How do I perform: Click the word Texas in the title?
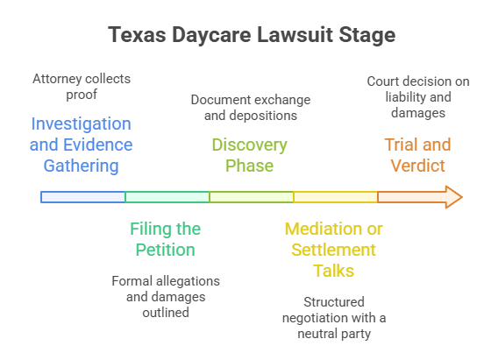pos(137,34)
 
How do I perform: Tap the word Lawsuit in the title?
pos(295,34)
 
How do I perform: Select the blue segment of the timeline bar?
pos(83,197)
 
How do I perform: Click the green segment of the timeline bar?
pos(167,197)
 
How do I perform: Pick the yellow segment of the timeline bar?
pos(336,197)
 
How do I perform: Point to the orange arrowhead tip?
pos(463,197)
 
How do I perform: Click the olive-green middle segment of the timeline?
pos(252,197)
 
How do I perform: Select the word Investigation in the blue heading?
pos(81,124)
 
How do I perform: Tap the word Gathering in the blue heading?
pos(81,166)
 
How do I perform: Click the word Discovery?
pos(250,145)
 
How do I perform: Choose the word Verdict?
pos(417,166)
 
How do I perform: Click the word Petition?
pos(166,250)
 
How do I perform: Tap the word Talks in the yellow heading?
pos(333,271)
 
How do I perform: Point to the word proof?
pos(82,95)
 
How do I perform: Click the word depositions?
pos(263,116)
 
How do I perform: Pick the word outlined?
pos(166,313)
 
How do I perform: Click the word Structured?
pos(334,302)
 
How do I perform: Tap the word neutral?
pos(317,334)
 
